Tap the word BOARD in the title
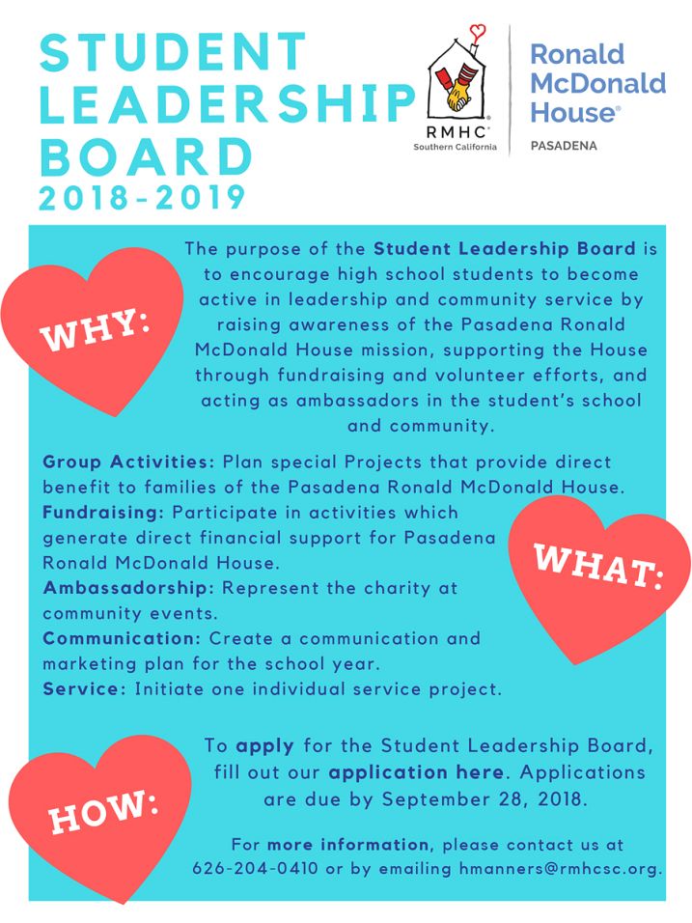click(x=147, y=154)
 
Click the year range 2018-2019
click(x=143, y=197)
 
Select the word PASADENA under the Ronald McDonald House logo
click(x=564, y=147)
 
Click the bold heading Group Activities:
click(x=128, y=462)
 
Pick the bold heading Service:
click(x=84, y=689)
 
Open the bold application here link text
click(x=416, y=773)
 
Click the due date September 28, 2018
click(x=483, y=799)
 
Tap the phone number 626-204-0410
click(x=255, y=868)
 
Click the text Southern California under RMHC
click(x=456, y=148)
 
